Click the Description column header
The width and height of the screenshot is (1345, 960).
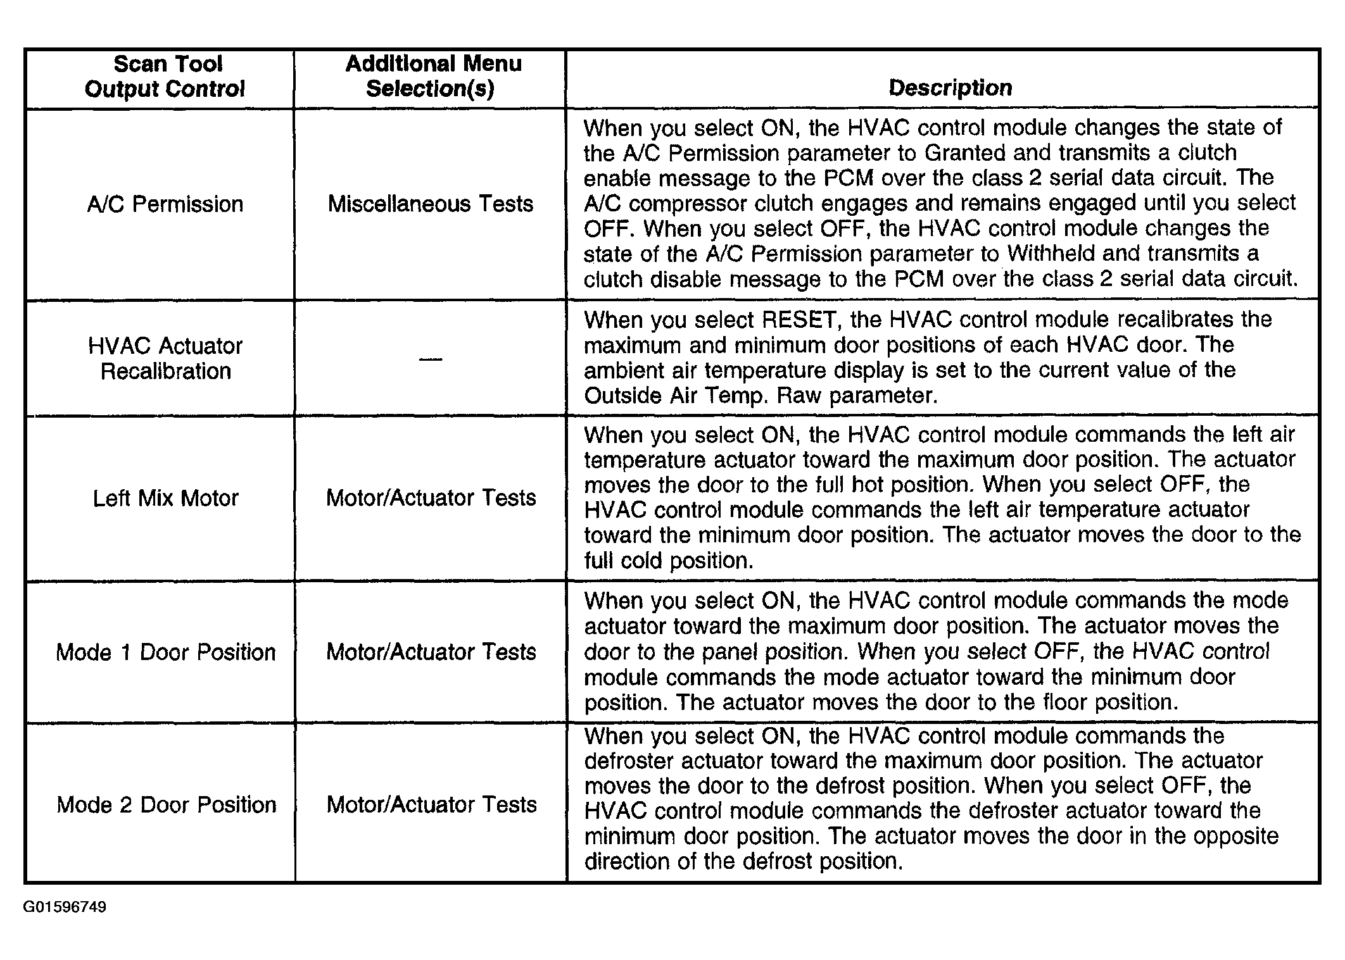[950, 88]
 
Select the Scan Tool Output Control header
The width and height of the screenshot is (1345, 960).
[165, 77]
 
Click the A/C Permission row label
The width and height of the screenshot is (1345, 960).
[165, 204]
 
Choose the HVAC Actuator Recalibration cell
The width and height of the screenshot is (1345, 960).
[165, 358]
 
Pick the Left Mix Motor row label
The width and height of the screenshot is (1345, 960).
[165, 499]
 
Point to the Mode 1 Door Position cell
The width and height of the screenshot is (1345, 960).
[165, 652]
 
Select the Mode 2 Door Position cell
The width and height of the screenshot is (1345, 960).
[166, 805]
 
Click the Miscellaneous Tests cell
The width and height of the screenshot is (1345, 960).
[431, 204]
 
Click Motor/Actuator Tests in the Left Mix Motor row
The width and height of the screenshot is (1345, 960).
[431, 498]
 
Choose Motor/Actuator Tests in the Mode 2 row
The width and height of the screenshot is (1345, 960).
[431, 805]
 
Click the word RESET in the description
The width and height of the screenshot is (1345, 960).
[799, 320]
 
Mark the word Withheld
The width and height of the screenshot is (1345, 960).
[1052, 254]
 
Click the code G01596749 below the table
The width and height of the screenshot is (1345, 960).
[65, 907]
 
